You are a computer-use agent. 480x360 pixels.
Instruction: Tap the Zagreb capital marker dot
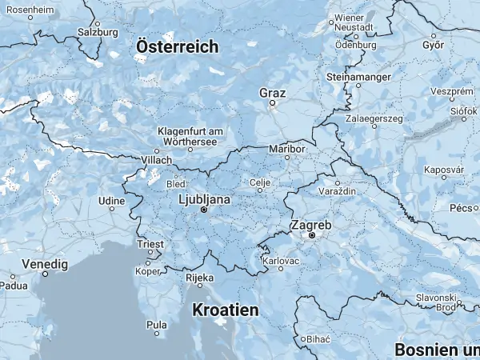312,236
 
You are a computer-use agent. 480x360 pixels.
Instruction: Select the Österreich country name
177,47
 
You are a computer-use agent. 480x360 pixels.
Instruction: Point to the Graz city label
272,93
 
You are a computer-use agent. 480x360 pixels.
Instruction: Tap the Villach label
157,160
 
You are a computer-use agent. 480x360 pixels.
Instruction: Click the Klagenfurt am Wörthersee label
188,136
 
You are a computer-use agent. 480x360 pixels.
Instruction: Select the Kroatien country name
226,309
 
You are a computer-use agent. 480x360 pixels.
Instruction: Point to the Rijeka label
200,278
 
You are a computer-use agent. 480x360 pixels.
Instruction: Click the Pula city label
157,325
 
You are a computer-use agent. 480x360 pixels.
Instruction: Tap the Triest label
150,244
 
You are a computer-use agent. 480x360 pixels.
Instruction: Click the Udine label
111,199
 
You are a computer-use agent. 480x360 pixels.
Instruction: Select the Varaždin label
339,193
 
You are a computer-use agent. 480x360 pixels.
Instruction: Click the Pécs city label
463,207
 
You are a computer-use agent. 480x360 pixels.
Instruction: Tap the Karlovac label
282,261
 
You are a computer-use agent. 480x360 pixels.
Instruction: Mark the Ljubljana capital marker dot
203,210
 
